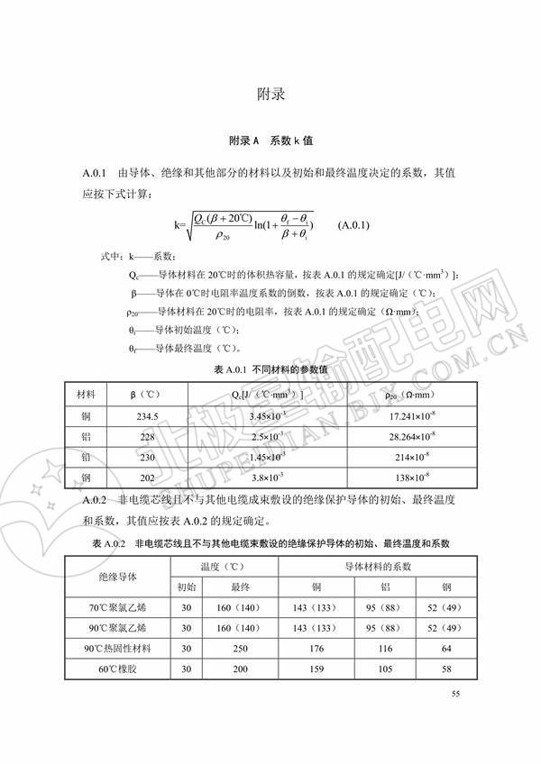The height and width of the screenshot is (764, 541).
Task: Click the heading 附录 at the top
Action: (x=270, y=94)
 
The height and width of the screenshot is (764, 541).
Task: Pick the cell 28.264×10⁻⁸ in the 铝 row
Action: (x=408, y=435)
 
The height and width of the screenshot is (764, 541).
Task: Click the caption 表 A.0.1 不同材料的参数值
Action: (x=270, y=371)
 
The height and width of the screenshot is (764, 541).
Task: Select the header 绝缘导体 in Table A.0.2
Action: (x=117, y=576)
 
